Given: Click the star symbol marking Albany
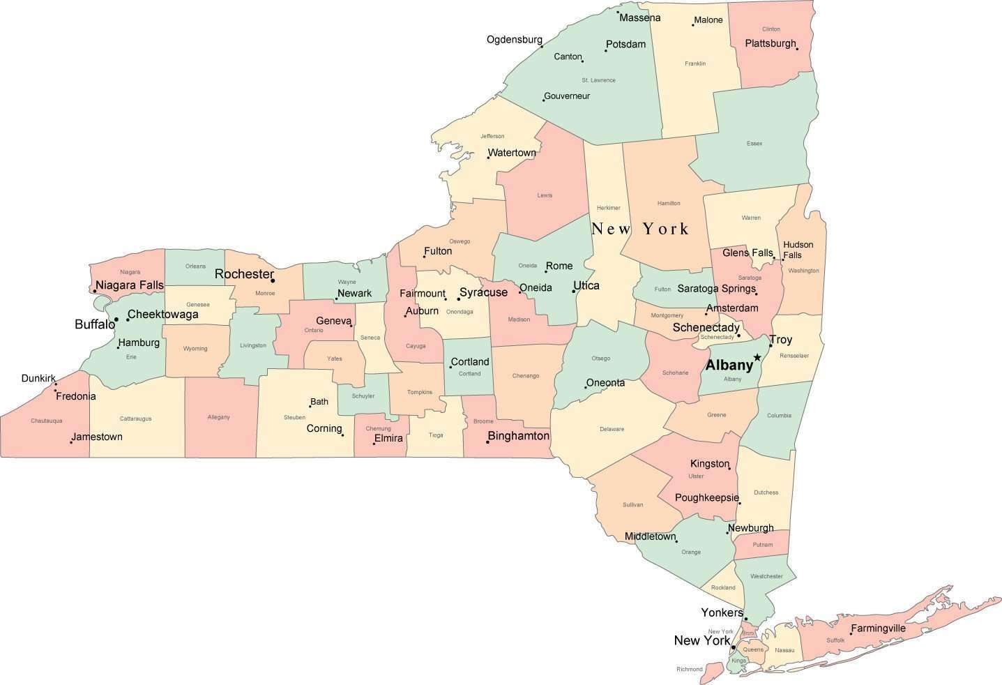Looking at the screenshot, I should pos(757,357).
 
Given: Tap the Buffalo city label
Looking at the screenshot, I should pos(94,324).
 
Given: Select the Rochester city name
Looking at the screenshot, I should pos(243,274).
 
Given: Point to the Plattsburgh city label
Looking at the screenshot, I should pos(770,43).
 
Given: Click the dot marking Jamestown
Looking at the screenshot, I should pos(71,442).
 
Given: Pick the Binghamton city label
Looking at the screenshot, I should pos(519,436).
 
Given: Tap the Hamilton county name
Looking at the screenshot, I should pos(668,203).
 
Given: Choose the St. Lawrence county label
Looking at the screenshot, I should pos(598,80).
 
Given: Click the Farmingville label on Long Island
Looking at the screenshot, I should pos(878,628).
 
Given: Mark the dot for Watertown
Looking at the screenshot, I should pos(488,157).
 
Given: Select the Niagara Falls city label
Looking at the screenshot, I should pos(130,285).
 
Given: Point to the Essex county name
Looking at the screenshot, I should pos(754,144).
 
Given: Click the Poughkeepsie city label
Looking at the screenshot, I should pos(707,497).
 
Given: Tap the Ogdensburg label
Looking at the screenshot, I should pos(514,39).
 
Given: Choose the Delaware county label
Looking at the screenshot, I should pos(612,429).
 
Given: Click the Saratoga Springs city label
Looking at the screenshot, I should pos(716,288).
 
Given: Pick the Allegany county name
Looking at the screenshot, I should pos(218,417).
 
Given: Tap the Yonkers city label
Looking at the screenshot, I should pos(722,612).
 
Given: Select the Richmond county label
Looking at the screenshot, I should pos(689,670).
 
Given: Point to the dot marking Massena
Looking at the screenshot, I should pos(618,13).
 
